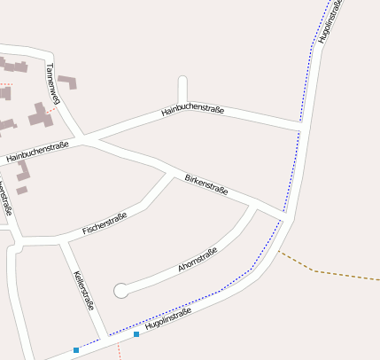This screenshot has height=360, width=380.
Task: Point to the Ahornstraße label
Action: (x=198, y=261)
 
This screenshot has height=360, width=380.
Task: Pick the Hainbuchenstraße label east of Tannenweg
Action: (x=192, y=112)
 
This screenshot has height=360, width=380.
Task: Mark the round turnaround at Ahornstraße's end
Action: (x=120, y=289)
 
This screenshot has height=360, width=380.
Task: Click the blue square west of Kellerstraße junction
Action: (x=76, y=350)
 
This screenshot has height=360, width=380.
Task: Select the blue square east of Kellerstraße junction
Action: (x=136, y=334)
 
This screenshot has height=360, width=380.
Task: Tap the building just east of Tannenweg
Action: (x=67, y=82)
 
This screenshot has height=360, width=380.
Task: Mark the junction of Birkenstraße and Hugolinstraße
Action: (x=284, y=216)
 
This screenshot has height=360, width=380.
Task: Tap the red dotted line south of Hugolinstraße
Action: (x=118, y=352)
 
